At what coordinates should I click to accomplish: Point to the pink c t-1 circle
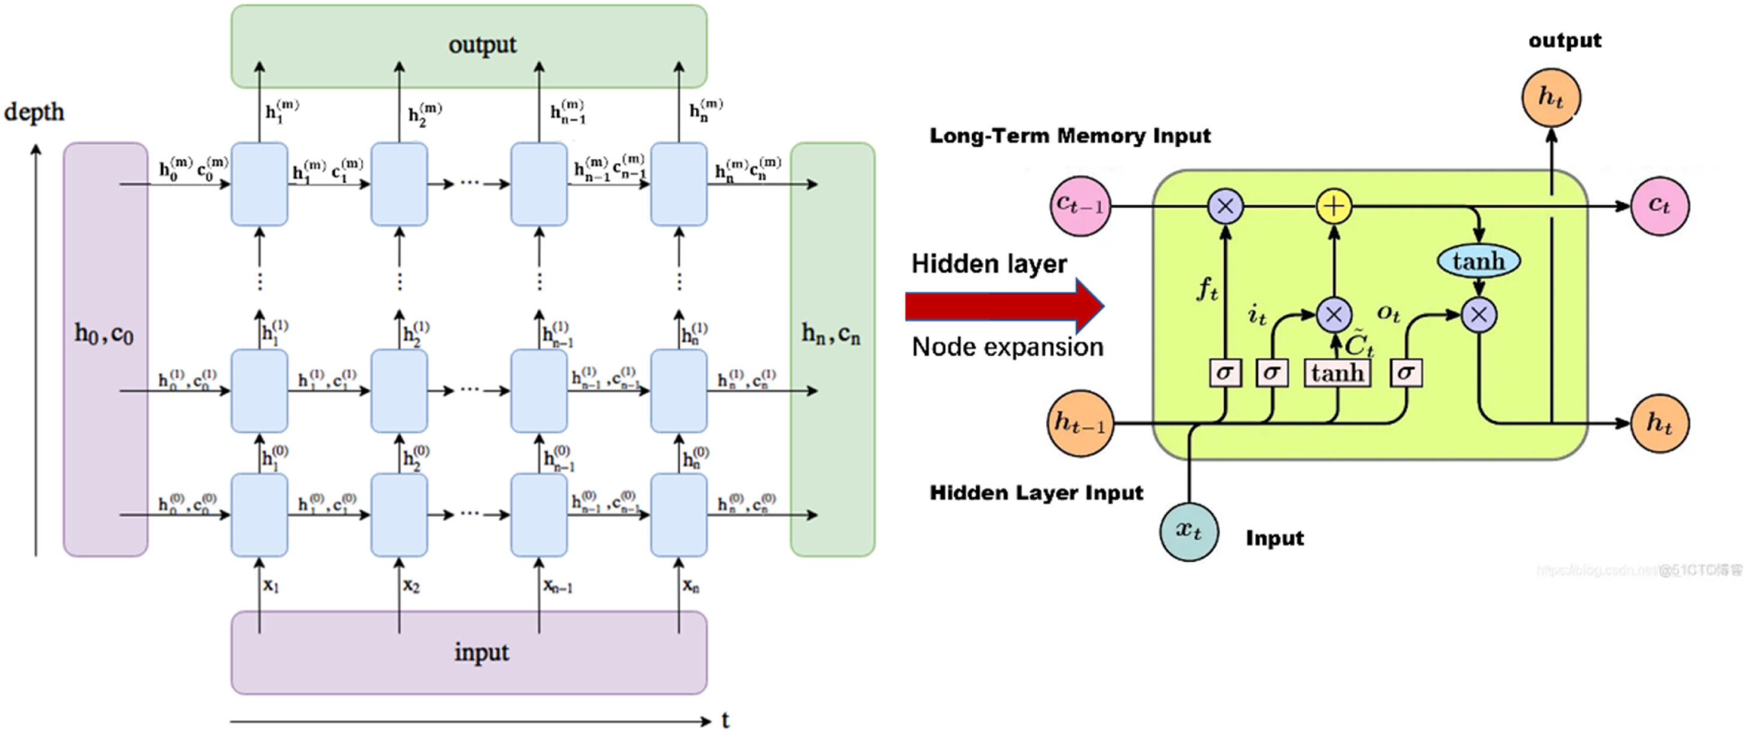tap(1080, 206)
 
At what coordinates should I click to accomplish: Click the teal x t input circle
tap(1189, 531)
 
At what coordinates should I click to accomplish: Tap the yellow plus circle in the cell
tap(1333, 206)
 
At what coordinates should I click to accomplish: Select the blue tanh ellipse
tap(1479, 261)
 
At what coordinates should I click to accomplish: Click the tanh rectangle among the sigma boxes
tap(1337, 373)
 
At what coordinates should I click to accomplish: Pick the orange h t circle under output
tap(1551, 98)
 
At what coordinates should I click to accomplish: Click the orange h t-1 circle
tap(1080, 423)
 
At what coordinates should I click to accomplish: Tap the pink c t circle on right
tap(1659, 206)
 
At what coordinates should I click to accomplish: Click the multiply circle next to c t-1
tap(1225, 206)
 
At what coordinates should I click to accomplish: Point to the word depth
tap(34, 112)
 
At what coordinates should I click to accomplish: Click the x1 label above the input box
tap(271, 585)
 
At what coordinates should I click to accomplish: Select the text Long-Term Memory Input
tap(1070, 135)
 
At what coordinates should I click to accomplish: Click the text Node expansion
tap(1007, 347)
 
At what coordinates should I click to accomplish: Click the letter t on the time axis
tap(725, 720)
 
